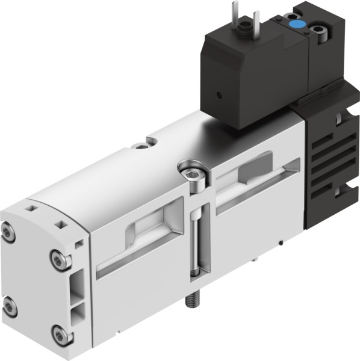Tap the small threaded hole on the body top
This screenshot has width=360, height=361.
[141, 144]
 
